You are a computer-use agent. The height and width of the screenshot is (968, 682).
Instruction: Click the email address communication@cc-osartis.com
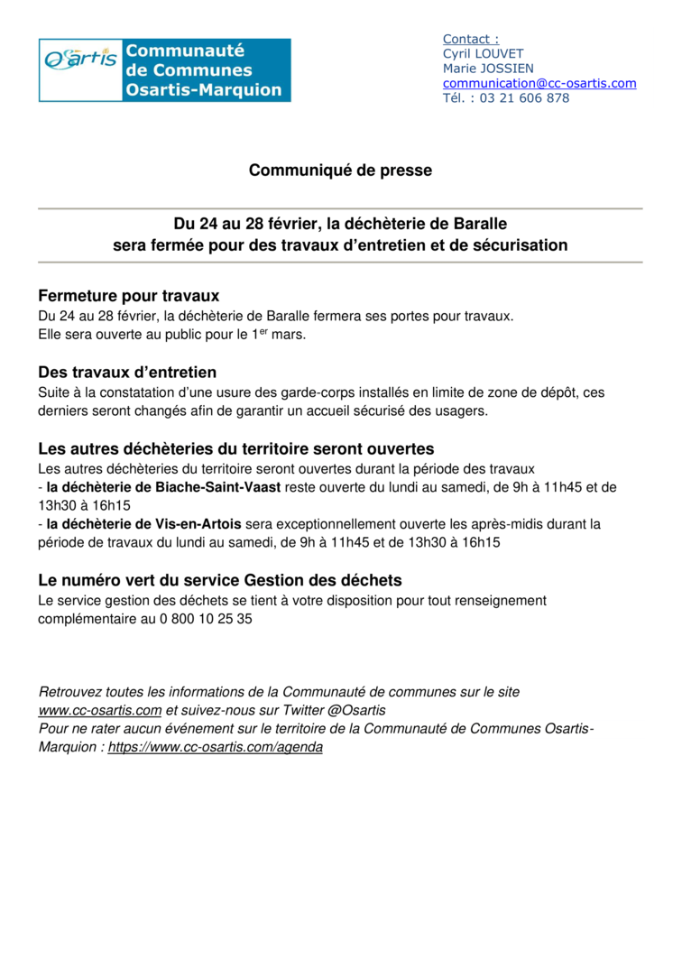click(x=539, y=83)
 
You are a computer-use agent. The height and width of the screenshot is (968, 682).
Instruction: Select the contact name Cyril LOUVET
click(x=483, y=53)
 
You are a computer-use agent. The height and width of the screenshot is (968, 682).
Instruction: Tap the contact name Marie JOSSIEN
click(x=487, y=69)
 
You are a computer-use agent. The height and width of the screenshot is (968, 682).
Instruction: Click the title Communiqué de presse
click(x=340, y=171)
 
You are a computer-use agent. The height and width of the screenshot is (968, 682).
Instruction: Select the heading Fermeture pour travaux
click(x=129, y=296)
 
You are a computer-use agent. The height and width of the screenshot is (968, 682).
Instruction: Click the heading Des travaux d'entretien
click(x=127, y=373)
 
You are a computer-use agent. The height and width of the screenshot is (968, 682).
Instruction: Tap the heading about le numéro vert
click(x=220, y=580)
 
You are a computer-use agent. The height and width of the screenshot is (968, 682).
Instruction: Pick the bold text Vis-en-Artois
click(x=200, y=524)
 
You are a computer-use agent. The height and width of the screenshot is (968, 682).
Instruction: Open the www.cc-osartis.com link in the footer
click(x=100, y=710)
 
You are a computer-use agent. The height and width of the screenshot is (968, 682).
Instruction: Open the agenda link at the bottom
click(x=216, y=748)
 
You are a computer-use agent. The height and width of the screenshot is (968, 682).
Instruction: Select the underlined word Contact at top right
click(x=470, y=39)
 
